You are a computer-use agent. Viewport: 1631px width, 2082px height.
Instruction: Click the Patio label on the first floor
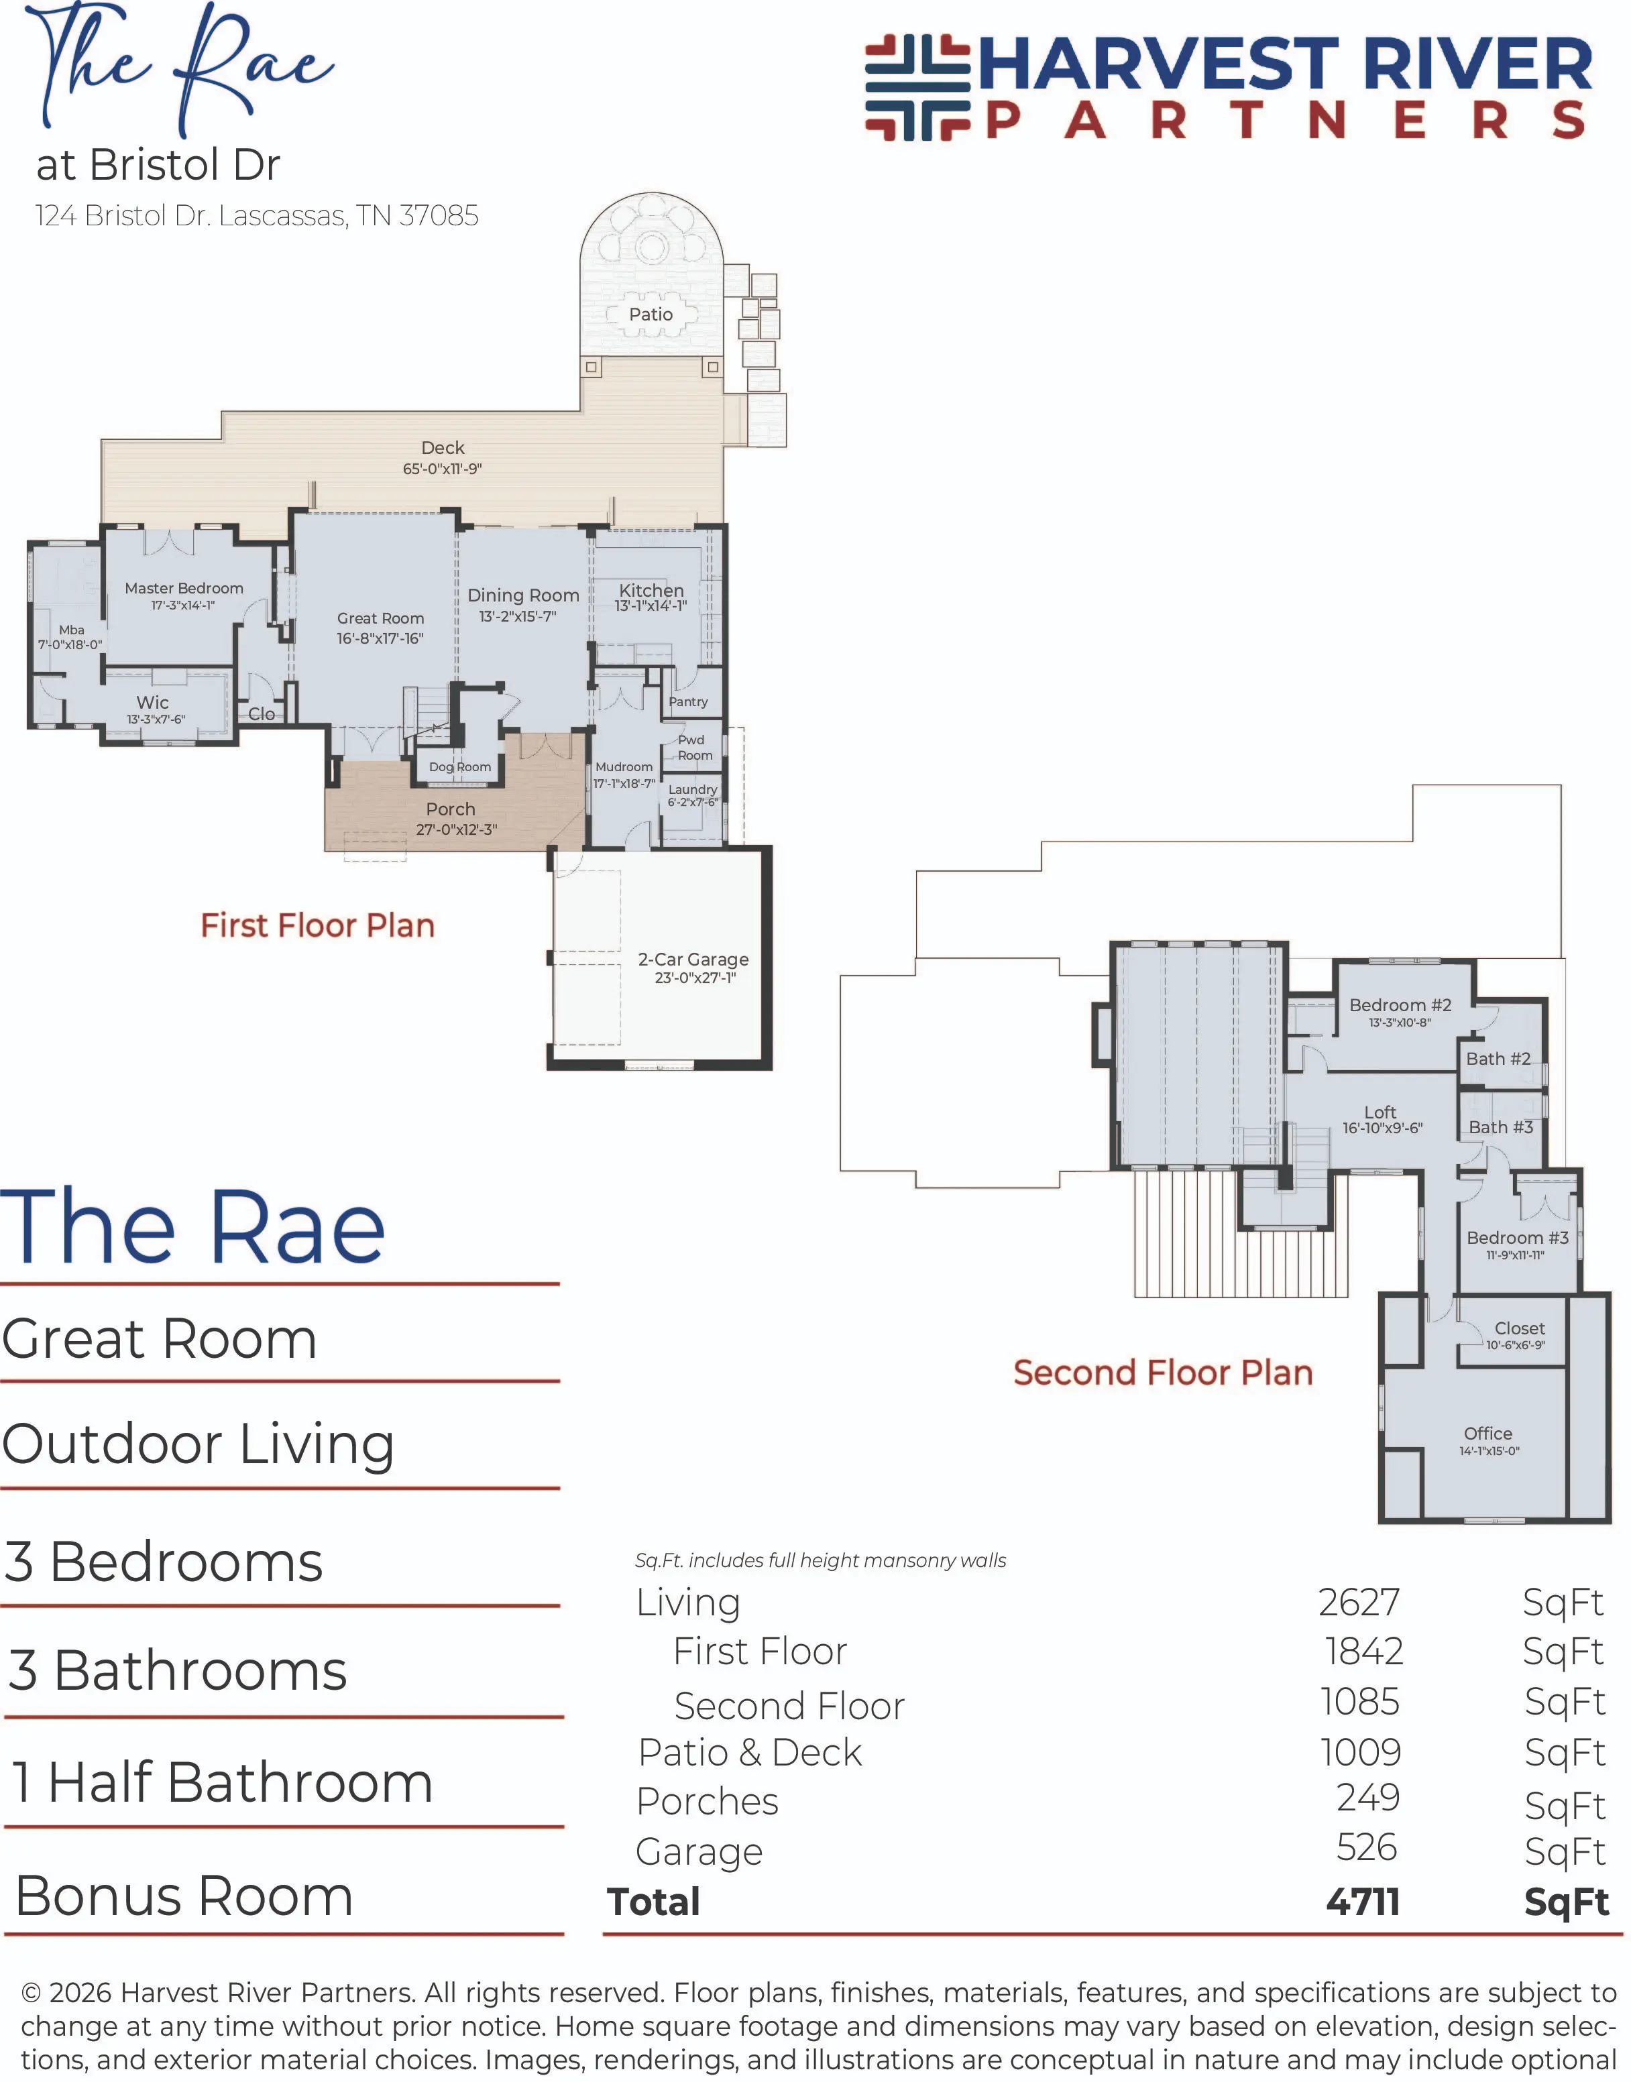coord(651,314)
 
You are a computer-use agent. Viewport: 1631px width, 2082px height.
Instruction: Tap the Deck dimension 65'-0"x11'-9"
coord(442,469)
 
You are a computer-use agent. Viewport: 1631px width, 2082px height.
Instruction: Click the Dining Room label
coord(523,595)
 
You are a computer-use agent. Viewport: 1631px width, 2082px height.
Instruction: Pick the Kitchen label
coord(651,590)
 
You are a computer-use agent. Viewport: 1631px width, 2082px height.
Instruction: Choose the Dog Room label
coord(459,766)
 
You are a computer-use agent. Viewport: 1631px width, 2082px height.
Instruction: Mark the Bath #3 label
coord(1500,1127)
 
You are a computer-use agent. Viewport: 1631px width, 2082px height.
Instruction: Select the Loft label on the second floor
coord(1380,1112)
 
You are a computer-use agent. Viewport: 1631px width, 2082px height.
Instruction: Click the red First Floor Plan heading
coord(317,925)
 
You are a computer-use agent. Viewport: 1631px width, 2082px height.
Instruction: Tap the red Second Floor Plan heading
coord(1163,1372)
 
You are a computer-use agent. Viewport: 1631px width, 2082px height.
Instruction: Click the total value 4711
coord(1363,1901)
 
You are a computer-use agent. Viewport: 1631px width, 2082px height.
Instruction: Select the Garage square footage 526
coord(1367,1847)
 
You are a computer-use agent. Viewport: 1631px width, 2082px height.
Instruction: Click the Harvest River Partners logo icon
coord(917,88)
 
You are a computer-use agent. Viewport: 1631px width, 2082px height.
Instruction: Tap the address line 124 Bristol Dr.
coord(257,216)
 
